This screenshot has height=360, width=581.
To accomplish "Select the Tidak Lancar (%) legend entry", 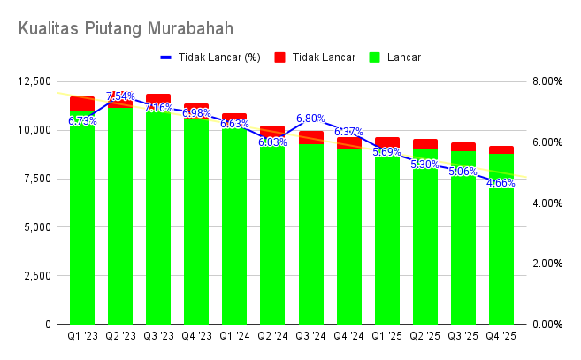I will (211, 57).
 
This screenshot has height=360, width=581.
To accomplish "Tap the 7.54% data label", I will (120, 96).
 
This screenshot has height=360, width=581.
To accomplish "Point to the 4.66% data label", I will (501, 183).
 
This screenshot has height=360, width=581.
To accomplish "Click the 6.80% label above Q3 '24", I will (310, 119).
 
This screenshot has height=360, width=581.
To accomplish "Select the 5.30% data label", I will (424, 165).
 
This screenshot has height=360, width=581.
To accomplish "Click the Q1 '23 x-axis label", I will (82, 336).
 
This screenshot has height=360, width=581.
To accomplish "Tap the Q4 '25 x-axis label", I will (501, 336).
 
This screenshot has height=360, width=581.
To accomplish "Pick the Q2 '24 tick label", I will (272, 336).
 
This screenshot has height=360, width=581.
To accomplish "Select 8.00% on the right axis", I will (545, 81).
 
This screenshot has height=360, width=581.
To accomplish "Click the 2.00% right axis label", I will (545, 264).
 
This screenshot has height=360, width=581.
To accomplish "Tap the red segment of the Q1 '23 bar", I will (82, 103).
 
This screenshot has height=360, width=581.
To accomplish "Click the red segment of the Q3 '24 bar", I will (310, 137).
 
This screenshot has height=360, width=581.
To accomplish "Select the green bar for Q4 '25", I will (501, 257).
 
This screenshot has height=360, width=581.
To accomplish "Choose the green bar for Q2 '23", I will (120, 221).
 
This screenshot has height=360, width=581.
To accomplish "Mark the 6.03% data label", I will (272, 142).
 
